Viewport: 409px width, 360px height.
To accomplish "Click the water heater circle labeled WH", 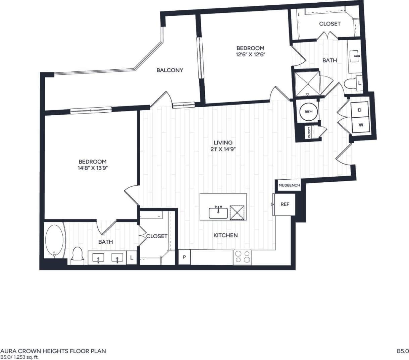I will [x=308, y=112].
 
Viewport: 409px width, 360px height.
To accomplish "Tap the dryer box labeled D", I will [x=360, y=110].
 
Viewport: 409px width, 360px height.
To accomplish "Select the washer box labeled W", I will [x=361, y=125].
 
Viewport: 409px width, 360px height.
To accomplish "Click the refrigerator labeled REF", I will [x=285, y=204].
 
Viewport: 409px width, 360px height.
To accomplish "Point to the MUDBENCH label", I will [x=289, y=185].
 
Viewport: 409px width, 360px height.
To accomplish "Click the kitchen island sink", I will [x=218, y=213].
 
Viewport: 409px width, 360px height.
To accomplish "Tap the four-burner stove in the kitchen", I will [x=242, y=257].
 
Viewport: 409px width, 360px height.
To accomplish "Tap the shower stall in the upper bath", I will [x=307, y=83].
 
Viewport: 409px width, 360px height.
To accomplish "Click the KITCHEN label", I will [x=225, y=235].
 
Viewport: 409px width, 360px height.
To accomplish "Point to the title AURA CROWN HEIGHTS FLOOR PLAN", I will [x=53, y=351].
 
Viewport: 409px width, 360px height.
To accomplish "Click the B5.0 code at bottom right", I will [x=402, y=351].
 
